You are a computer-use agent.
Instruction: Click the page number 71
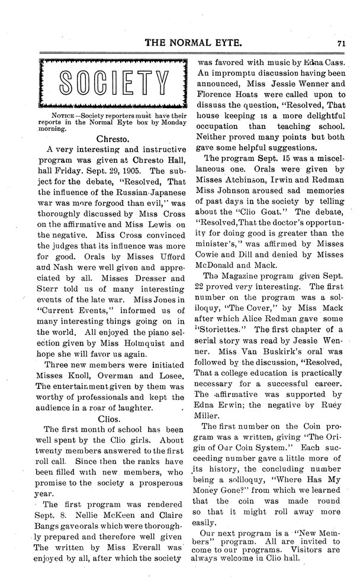point(342,43)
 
